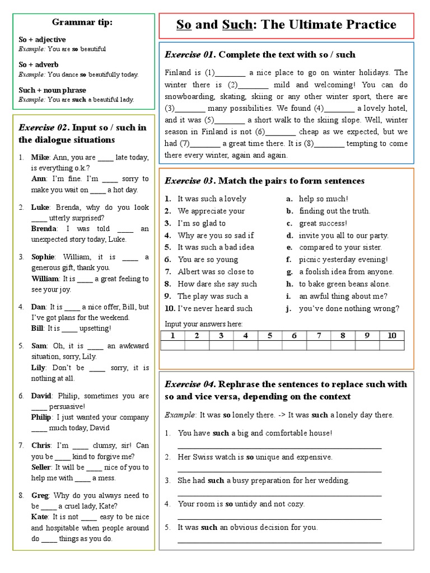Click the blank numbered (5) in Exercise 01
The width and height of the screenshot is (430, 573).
tap(230, 120)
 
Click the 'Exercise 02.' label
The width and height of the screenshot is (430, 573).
tap(44, 128)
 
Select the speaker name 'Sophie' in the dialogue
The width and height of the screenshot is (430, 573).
tap(43, 257)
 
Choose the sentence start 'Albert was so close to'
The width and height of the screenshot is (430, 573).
tap(208, 272)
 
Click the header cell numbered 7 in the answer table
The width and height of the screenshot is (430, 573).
tap(319, 336)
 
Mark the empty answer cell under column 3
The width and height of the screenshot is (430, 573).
tap(221, 345)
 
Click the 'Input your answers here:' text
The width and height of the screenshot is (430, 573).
tap(203, 324)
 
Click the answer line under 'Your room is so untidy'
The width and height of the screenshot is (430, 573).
tap(279, 518)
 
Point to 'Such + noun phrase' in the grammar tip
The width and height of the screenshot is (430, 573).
tap(53, 90)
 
